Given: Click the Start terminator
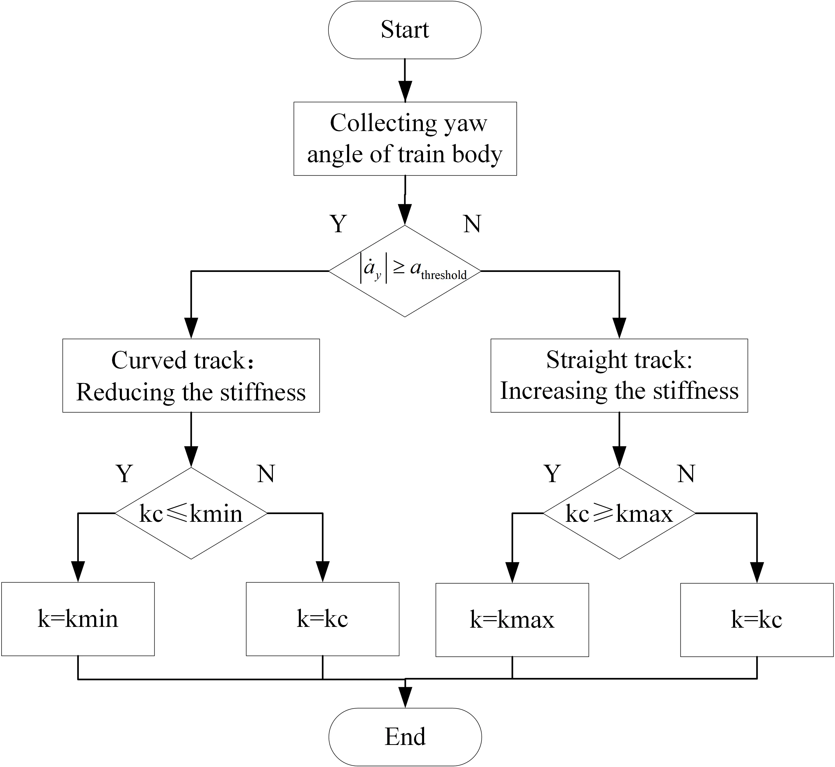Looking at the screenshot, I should (x=405, y=30).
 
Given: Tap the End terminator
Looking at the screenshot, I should (x=405, y=737).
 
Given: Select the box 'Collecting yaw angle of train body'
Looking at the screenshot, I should (x=405, y=139).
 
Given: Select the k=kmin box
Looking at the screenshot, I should (x=78, y=619).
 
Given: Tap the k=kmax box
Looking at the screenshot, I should (x=512, y=620).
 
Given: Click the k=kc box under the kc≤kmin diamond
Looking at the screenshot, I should (x=322, y=619).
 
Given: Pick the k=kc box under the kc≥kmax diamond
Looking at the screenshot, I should (x=757, y=620).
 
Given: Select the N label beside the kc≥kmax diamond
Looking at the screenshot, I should (x=686, y=473).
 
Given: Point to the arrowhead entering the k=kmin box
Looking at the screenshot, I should (x=78, y=573).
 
